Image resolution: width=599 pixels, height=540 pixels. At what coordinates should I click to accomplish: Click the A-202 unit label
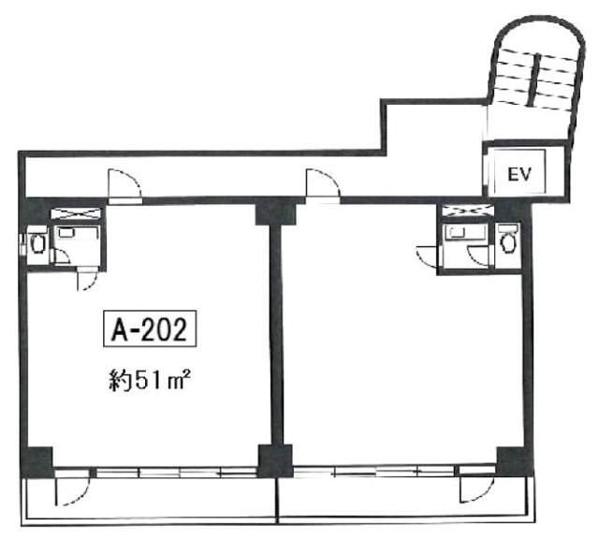coord(150,328)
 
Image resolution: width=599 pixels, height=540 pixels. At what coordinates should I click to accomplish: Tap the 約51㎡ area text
coord(150,380)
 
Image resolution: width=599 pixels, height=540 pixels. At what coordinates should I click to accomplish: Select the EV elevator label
coord(519,174)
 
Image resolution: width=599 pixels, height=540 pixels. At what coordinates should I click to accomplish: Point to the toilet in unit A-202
coord(37,243)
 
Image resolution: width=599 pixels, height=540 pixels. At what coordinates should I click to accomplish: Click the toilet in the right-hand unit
coord(508,241)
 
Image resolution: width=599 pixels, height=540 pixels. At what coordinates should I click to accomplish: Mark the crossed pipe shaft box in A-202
coord(76,213)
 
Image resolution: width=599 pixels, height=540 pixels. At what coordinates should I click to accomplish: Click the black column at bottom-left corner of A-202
coord(37,461)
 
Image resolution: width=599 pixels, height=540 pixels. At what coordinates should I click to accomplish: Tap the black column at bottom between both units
coord(275,460)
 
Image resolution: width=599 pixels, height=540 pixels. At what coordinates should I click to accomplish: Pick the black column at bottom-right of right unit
coord(513,460)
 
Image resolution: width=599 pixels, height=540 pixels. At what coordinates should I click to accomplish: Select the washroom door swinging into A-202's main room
coord(86,280)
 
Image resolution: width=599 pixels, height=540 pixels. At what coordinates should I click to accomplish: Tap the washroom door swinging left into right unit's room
coord(427,255)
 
